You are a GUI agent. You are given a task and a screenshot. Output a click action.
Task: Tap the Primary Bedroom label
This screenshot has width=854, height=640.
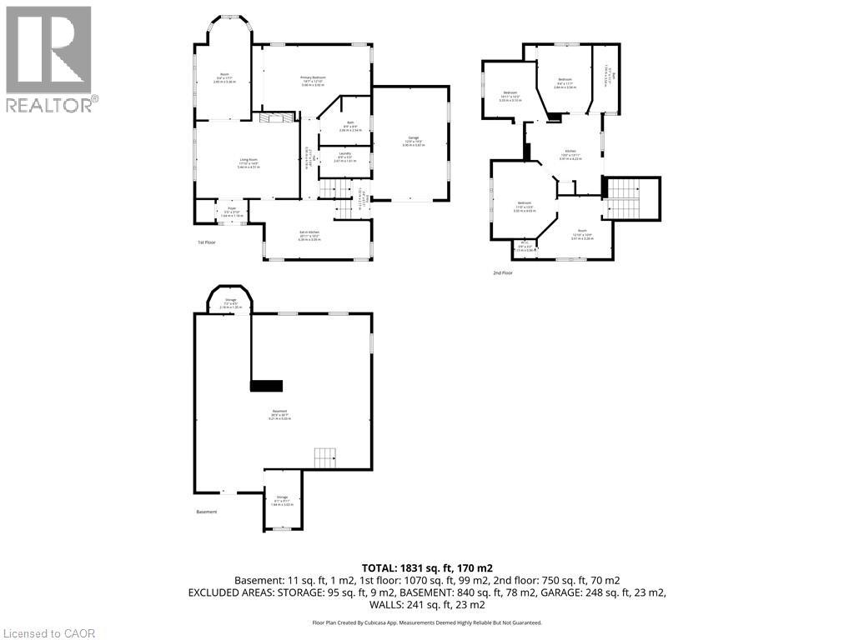coord(313,80)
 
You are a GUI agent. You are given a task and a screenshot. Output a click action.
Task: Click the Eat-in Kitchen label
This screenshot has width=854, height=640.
coord(309,236)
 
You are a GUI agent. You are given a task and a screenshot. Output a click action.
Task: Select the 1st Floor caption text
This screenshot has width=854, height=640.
coord(207,242)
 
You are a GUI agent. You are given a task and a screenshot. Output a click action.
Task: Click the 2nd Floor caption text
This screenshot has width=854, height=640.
coord(502,272)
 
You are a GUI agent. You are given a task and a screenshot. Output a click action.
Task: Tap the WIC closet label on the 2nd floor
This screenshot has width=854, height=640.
coord(524,247)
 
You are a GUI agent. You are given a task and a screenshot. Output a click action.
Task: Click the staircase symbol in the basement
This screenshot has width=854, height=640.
coord(324,457)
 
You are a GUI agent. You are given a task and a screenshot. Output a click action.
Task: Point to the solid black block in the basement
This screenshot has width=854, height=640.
coord(267,385)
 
